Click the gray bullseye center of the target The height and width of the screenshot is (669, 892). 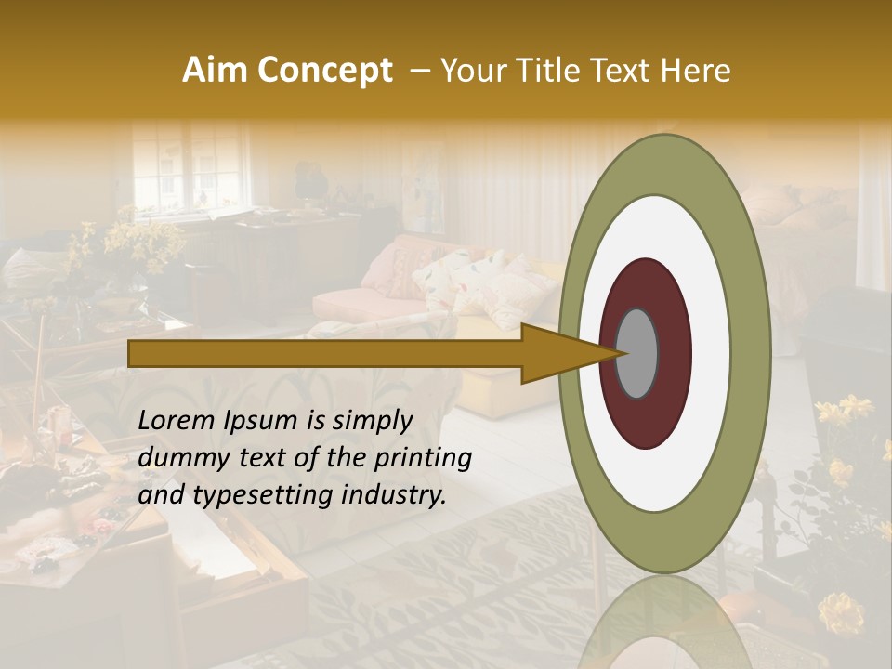(637, 353)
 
